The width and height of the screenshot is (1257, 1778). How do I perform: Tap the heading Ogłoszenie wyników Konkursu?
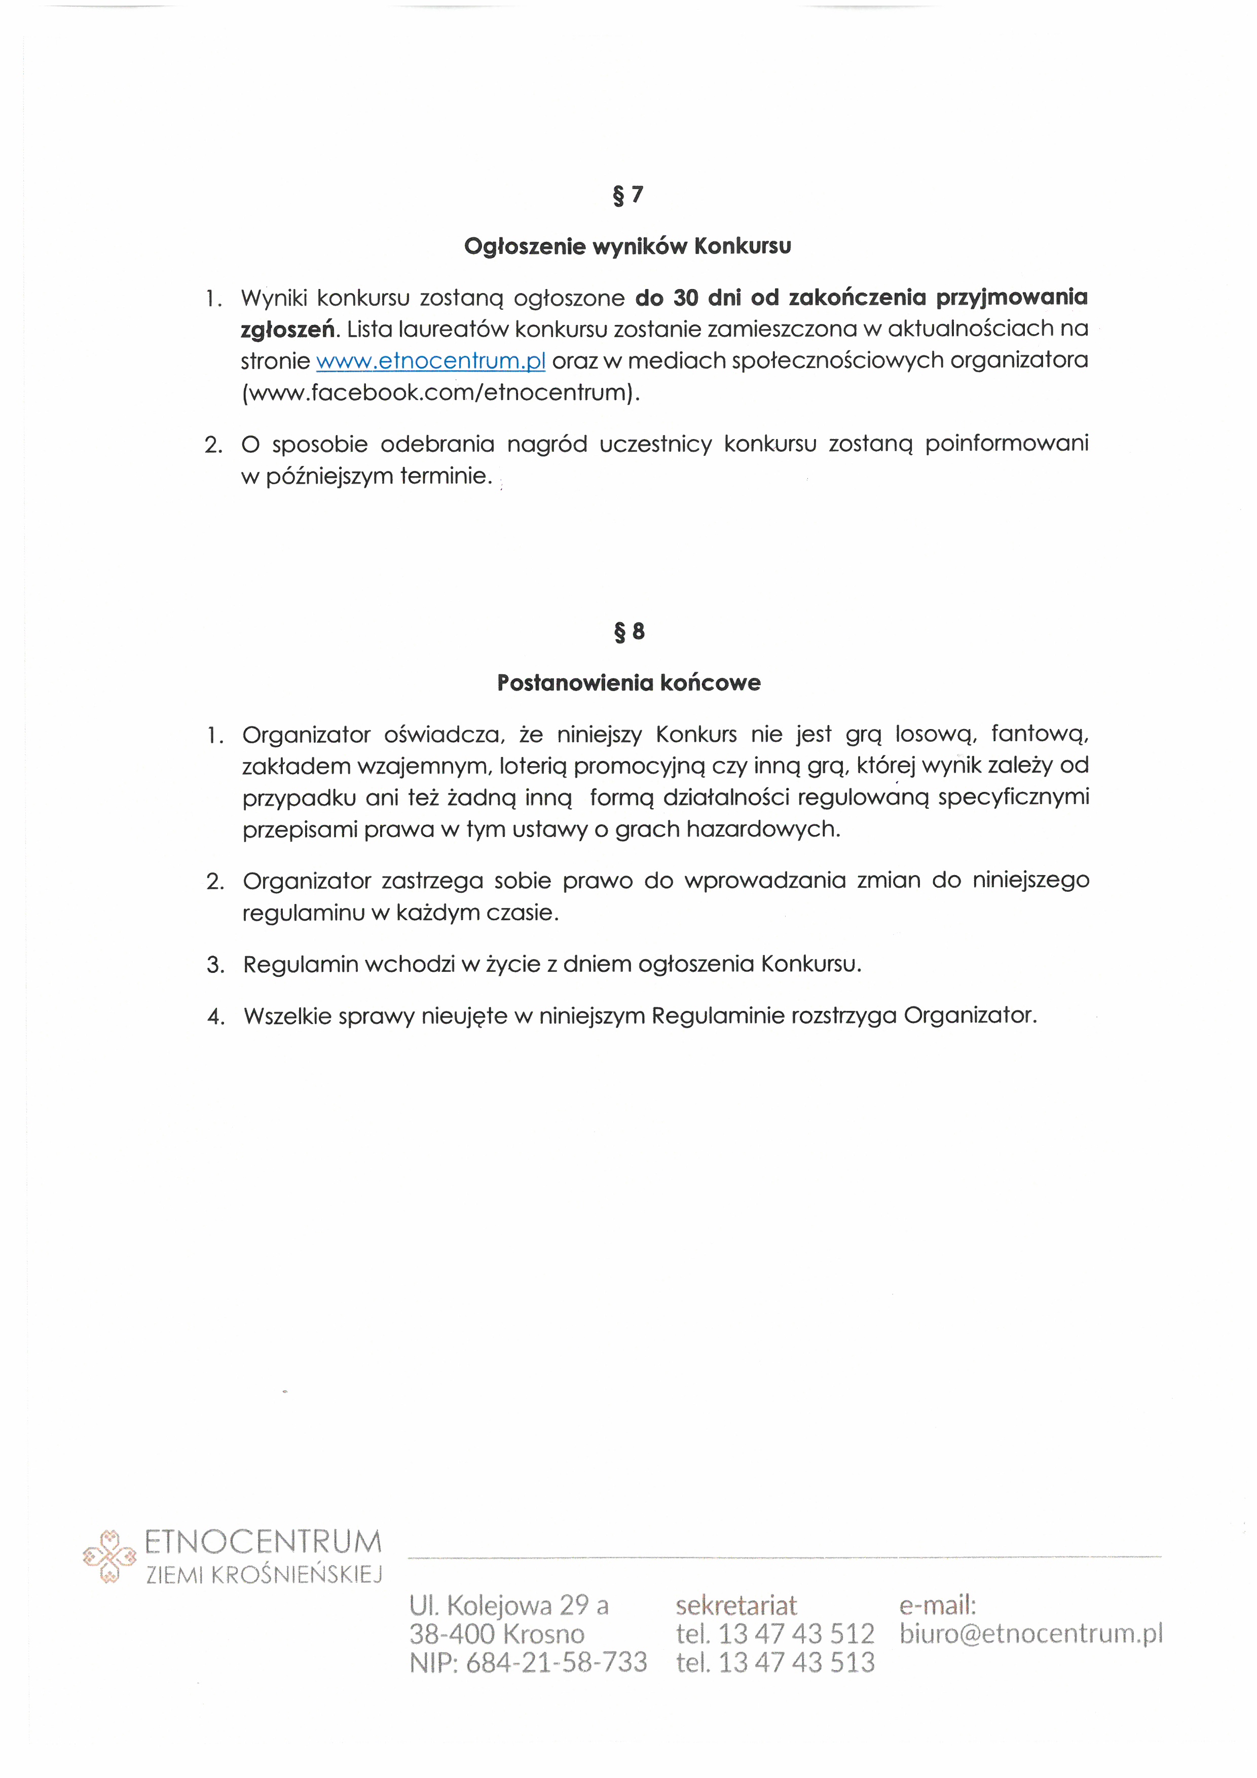point(627,246)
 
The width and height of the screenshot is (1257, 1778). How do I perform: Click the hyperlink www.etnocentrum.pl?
point(431,361)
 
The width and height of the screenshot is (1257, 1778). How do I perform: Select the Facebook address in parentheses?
point(441,392)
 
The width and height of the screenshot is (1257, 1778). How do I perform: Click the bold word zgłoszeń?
point(288,330)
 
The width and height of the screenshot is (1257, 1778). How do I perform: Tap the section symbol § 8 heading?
point(628,632)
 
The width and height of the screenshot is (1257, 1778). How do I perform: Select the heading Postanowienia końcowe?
point(628,683)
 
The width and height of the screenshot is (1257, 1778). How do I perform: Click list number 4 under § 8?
point(215,1017)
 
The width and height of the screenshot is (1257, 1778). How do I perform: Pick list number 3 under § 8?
point(215,965)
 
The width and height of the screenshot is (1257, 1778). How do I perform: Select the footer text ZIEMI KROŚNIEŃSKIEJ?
point(264,1575)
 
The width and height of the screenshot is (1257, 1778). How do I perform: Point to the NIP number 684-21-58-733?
point(556,1662)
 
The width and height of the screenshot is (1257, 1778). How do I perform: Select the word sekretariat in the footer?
point(735,1605)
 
